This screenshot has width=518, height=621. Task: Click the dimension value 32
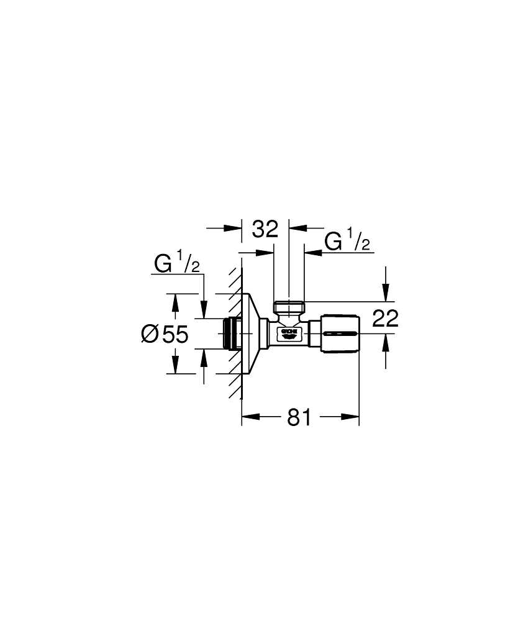coord(265,229)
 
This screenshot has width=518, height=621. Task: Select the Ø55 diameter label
coord(164,334)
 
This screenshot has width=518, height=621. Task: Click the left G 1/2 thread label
coord(176,264)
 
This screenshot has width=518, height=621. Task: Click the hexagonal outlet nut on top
coord(289,307)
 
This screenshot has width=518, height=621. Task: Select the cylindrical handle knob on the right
coord(339,334)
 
